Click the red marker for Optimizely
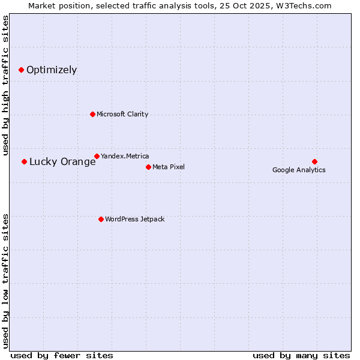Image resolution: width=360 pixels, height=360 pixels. point(21,70)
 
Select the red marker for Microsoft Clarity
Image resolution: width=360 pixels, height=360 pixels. point(92,114)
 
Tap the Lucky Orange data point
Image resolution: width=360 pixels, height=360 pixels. point(24,161)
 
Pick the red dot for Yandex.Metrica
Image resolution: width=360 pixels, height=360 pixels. point(97,156)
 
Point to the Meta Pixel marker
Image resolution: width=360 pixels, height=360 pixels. point(148,167)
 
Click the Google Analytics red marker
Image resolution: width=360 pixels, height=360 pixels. point(314,161)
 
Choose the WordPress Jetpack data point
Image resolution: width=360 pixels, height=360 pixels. point(101,219)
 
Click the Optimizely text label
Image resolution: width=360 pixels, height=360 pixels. point(52,70)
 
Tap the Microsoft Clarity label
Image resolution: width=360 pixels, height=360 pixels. point(122,114)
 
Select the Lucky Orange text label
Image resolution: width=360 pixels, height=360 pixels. point(62,161)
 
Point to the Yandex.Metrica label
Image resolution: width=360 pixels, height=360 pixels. point(125,156)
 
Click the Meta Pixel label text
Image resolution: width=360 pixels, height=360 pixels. point(169,167)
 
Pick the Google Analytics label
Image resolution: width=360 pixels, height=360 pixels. point(299,170)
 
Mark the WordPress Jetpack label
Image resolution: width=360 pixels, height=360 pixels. point(134,219)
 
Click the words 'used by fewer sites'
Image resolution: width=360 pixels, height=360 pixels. point(62,355)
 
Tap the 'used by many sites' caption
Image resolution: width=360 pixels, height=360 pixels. point(301,355)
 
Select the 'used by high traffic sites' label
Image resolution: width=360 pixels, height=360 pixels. point(6,85)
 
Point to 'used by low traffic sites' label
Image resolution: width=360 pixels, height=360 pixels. point(6,281)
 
